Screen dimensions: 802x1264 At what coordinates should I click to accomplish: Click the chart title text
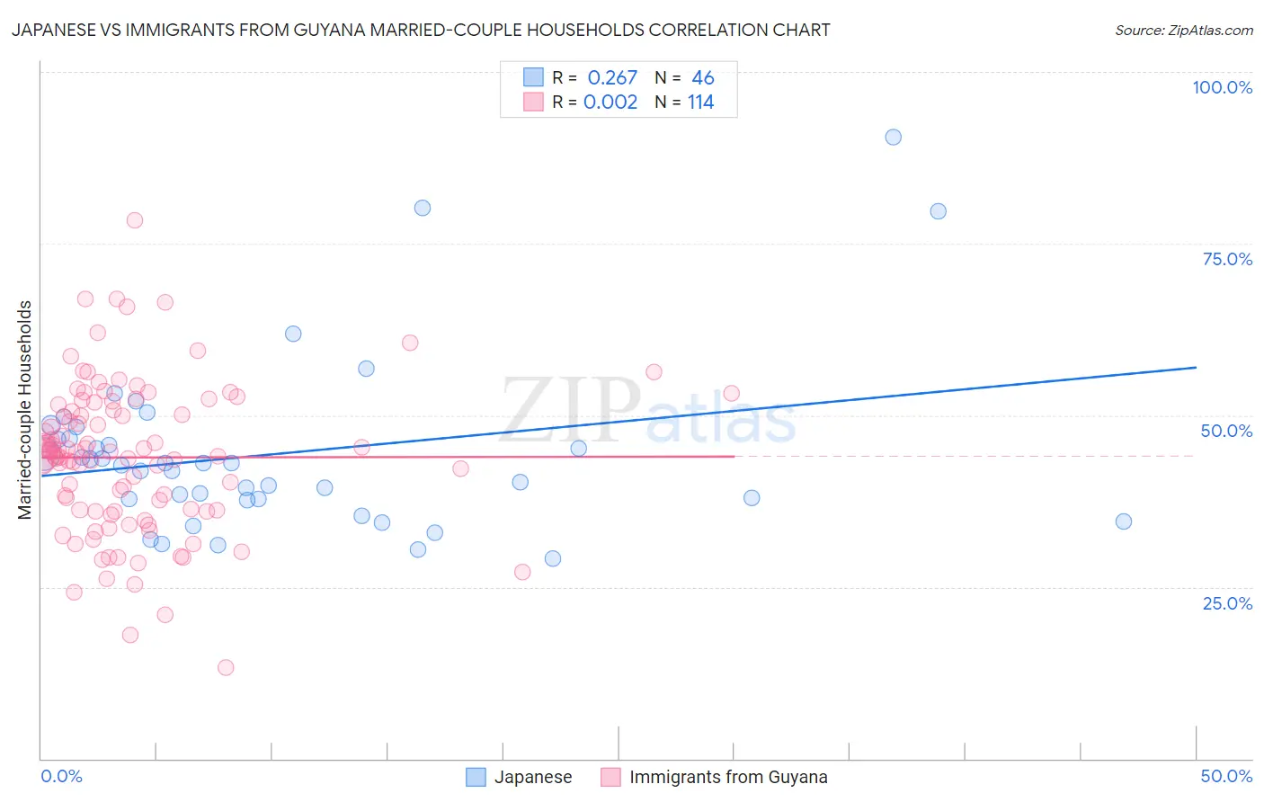tap(420, 30)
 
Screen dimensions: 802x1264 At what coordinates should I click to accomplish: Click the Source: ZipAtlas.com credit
tap(1183, 30)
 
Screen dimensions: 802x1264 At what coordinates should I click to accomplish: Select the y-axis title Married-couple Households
tap(25, 410)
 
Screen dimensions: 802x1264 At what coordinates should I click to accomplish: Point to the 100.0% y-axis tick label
tap(1222, 87)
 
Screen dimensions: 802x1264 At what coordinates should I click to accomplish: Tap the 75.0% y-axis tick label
tap(1227, 259)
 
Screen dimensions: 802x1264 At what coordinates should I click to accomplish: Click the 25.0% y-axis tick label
tap(1227, 603)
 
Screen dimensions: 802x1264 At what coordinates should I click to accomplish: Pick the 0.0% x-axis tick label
tap(61, 776)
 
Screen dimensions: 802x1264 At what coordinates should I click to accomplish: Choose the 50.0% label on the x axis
tap(1226, 776)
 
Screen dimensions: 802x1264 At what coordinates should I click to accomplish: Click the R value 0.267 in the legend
tap(612, 77)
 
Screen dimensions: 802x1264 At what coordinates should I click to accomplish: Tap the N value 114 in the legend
tap(701, 102)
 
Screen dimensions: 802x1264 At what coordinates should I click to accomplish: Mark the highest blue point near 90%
tap(893, 137)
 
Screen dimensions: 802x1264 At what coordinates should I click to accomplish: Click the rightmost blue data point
tap(1123, 521)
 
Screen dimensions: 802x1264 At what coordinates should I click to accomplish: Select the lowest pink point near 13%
tap(226, 667)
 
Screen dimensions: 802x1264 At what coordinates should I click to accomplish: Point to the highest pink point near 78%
tap(135, 220)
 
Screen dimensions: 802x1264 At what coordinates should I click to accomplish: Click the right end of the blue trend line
tap(1196, 367)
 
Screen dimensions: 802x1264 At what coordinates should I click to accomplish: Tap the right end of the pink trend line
tap(734, 456)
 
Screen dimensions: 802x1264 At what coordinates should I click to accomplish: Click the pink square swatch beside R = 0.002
tap(533, 102)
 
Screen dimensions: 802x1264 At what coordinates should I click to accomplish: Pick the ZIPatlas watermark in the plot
tap(647, 410)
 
